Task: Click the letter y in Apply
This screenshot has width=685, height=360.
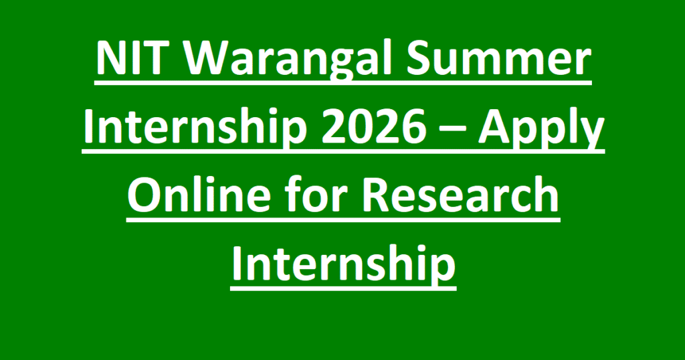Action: [593, 134]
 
